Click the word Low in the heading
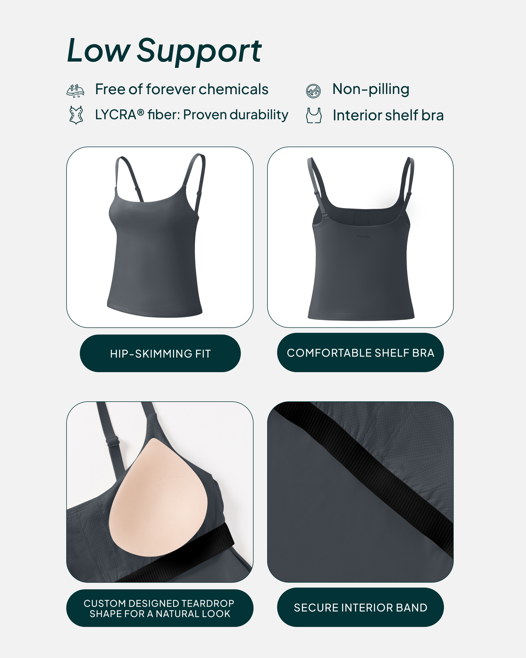[x=99, y=50]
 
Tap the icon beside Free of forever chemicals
[x=75, y=91]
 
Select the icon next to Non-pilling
[x=313, y=91]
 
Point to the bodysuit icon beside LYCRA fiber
[x=76, y=115]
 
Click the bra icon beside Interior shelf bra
[x=314, y=115]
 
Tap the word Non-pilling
[x=371, y=90]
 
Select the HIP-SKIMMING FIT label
[x=160, y=353]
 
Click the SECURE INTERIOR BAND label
[x=360, y=608]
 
